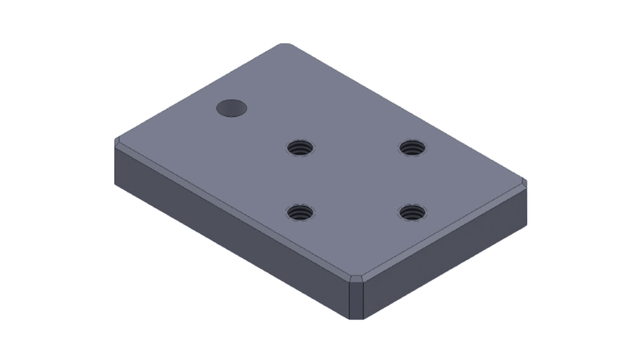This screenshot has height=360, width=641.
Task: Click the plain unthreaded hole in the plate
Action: click(232, 108)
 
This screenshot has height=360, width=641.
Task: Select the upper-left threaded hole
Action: click(301, 148)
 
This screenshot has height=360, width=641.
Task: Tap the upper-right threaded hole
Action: click(413, 147)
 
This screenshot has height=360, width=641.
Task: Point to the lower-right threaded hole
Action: click(413, 212)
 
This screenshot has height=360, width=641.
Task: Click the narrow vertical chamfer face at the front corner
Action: click(357, 300)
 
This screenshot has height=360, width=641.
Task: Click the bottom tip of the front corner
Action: click(357, 319)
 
